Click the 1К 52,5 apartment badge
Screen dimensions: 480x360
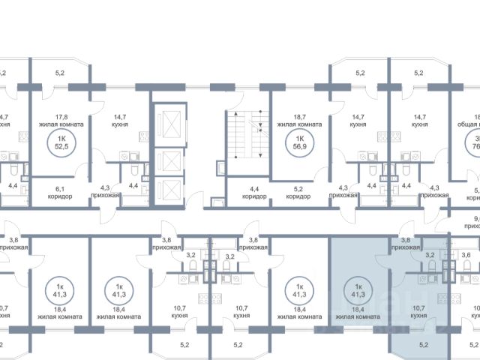(57, 142)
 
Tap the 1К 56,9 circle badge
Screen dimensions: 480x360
(300, 142)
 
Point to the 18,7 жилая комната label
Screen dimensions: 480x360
(300, 120)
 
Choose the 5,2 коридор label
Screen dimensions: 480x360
(298, 192)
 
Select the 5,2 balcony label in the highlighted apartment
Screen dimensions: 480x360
(424, 345)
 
